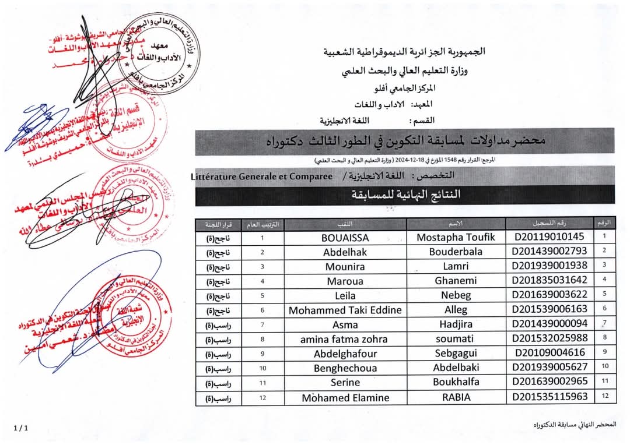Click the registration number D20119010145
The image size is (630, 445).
tap(549, 237)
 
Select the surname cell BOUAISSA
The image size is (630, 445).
tap(345, 238)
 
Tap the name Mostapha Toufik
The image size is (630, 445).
tap(456, 237)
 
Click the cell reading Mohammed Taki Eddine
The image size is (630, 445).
tap(345, 310)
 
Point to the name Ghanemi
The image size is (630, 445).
tap(456, 281)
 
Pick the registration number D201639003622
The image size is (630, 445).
tap(549, 295)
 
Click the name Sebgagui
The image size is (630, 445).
tap(456, 354)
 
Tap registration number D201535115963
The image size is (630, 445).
tap(549, 397)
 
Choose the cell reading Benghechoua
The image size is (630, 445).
tap(345, 368)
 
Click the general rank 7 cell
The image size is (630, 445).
tap(262, 324)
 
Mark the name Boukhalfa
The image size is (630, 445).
tap(456, 383)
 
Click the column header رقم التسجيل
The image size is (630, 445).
tap(549, 224)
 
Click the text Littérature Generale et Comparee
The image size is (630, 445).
tap(261, 176)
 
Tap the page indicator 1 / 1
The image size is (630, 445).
tap(20, 428)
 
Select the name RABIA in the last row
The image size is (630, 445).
tap(456, 398)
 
